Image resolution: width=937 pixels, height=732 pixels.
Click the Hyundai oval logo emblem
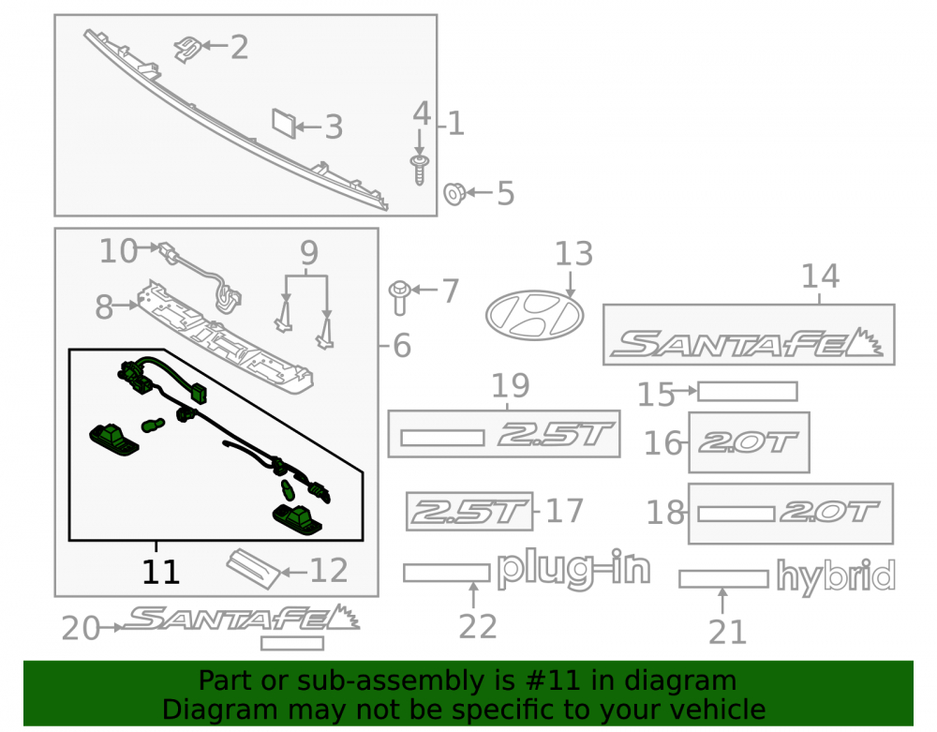[534, 316]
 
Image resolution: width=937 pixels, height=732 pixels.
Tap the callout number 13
[573, 254]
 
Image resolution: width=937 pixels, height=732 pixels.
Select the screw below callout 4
[420, 170]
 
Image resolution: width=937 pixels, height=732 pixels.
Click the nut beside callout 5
[454, 194]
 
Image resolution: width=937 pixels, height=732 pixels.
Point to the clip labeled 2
[187, 49]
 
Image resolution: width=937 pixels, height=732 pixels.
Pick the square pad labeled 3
[284, 124]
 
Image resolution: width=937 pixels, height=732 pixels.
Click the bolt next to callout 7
[399, 297]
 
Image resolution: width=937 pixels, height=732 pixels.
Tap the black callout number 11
[160, 572]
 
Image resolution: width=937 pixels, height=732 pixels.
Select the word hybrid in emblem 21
[836, 577]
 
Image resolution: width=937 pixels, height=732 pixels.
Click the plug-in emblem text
[573, 570]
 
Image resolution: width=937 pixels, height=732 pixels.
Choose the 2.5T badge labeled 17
[469, 511]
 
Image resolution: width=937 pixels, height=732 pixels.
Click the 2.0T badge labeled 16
[749, 442]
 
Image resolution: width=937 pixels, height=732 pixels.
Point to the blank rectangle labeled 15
[748, 392]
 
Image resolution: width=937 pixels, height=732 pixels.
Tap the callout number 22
[478, 627]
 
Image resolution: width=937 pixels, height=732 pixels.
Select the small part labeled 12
[253, 569]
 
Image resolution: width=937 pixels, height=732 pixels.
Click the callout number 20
[81, 629]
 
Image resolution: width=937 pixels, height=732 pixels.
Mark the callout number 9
[309, 253]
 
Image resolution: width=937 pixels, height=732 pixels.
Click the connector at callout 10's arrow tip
[169, 251]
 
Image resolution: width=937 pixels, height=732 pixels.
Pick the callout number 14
[820, 276]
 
